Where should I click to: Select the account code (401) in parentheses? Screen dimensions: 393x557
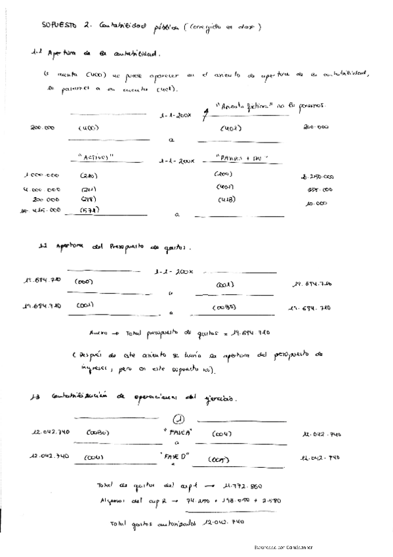(231, 128)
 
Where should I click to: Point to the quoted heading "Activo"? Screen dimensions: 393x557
(96, 158)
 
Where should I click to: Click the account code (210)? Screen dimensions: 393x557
(89, 176)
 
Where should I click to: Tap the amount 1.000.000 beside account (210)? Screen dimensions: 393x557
(41, 176)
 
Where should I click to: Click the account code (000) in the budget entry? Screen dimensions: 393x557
(84, 282)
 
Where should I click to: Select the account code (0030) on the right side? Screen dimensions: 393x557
(224, 307)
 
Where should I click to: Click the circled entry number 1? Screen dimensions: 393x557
(178, 420)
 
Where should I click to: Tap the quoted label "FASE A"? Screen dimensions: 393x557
(179, 434)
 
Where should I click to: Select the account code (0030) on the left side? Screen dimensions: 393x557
(97, 433)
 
